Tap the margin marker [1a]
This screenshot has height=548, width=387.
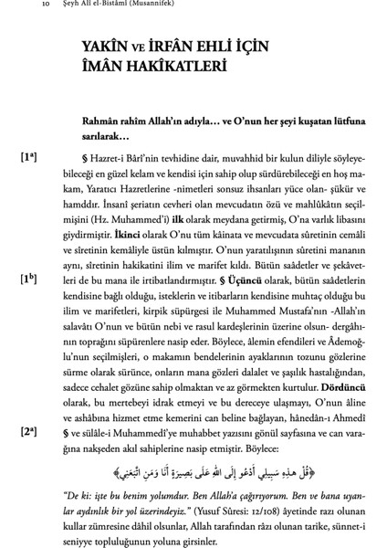coord(28,158)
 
